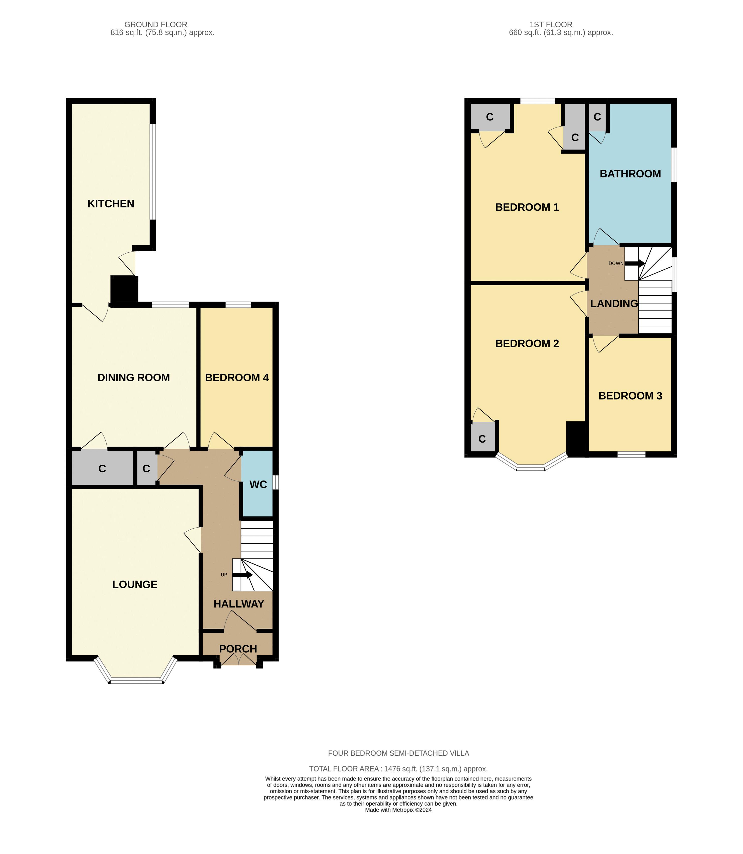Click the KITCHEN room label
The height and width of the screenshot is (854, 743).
111,204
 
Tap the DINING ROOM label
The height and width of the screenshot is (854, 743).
133,377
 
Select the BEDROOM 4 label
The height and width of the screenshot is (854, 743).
237,377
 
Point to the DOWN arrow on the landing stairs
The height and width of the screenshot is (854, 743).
635,263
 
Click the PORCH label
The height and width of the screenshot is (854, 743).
238,649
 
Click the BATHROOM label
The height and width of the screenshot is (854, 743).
630,174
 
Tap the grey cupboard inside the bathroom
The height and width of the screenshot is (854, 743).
597,117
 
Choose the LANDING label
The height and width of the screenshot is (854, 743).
614,304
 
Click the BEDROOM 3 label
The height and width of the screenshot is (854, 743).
630,396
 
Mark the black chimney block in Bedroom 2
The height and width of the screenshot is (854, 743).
575,438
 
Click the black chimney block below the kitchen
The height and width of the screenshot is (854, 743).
124,291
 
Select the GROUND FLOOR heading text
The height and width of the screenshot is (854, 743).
155,25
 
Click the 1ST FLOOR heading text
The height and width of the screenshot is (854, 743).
551,25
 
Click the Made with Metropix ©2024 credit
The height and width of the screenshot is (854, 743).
398,810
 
